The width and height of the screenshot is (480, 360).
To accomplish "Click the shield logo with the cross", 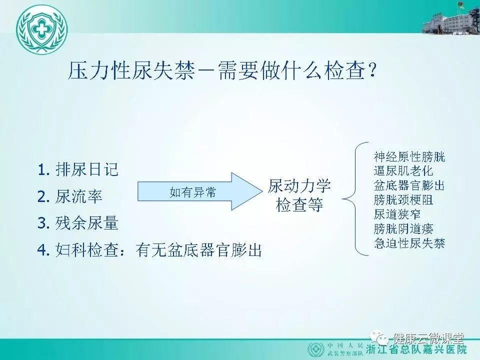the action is coord(41,29).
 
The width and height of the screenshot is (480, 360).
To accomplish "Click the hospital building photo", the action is coord(451,18).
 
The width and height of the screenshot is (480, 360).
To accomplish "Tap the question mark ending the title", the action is coord(372,70).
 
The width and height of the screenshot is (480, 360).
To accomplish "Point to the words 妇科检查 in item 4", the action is coord(86,250).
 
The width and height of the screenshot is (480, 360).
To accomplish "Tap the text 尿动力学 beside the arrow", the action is coord(299,186).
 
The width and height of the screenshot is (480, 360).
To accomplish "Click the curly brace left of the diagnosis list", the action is coord(355,199).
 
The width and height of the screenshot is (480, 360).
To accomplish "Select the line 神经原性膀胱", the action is coord(409,156).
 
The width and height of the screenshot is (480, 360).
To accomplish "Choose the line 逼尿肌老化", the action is coord(403,171).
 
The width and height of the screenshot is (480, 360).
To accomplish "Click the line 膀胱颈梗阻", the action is coord(403,200).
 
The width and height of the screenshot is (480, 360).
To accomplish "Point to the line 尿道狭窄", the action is coord(397,214).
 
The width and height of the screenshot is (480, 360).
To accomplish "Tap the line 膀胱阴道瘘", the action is coord(403,228).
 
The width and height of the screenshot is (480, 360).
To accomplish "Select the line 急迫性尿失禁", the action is coord(409,243).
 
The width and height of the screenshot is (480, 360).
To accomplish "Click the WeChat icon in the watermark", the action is coord(379,338).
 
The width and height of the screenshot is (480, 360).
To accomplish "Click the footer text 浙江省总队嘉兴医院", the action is coord(416,349).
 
